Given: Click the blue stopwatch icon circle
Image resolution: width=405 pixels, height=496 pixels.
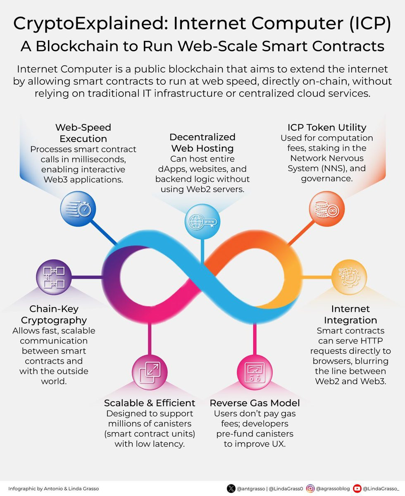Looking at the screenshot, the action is (78, 209).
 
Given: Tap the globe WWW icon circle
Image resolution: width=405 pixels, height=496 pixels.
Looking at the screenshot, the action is (202, 222).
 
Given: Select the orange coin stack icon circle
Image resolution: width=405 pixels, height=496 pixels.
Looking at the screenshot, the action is (327, 209).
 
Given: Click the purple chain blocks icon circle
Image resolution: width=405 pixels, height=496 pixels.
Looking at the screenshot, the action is (54, 277).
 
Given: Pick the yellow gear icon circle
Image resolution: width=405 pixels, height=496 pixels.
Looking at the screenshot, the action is (349, 277).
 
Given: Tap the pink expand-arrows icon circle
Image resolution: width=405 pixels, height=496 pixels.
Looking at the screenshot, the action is (150, 372).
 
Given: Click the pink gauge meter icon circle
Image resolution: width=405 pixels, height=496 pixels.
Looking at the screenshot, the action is (255, 372).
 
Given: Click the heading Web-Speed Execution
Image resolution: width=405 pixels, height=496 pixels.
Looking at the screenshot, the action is (83, 133).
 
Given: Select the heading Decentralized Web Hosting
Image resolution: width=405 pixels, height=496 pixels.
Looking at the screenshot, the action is (202, 143).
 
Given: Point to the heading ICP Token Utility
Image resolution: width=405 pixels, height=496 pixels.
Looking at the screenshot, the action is (327, 127).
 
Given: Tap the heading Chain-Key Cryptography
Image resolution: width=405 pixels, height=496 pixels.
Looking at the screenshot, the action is (54, 315).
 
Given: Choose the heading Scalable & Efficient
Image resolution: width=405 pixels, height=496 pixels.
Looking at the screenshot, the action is (150, 403).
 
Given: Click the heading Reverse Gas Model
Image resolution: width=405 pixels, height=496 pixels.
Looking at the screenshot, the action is (255, 403).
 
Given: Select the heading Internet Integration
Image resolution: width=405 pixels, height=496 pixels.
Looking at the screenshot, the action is (350, 315).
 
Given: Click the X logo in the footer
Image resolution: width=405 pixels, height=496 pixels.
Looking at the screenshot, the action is (231, 488).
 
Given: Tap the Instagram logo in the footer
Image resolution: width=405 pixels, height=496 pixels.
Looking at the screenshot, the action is (310, 488).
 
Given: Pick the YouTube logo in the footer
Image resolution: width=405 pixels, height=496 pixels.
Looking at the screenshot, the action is (357, 488).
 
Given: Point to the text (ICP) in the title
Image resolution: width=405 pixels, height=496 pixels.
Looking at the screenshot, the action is (370, 24).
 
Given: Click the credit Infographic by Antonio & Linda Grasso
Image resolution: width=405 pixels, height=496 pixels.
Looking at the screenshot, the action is (54, 489).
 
